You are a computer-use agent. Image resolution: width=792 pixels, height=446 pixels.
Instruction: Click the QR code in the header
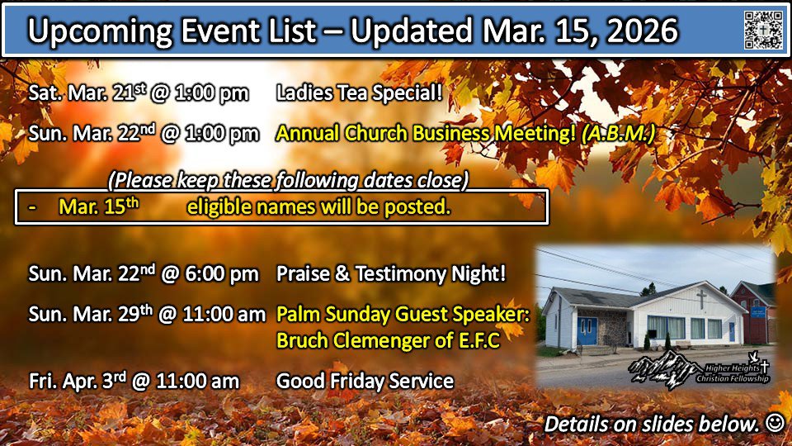pos(763,30)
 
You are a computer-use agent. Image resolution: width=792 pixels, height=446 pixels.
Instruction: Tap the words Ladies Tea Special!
pos(359,93)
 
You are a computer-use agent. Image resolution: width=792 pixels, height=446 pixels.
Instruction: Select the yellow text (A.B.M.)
pos(619,134)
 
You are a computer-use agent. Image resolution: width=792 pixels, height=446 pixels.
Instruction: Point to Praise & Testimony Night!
pos(390,273)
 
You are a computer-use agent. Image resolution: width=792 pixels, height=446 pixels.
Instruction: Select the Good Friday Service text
pos(365,381)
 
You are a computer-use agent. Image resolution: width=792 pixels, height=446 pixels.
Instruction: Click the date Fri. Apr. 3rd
pos(78,381)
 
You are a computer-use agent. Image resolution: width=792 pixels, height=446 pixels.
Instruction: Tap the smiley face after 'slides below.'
pos(775,422)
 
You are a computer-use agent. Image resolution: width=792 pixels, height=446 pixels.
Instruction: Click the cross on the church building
pos(701,299)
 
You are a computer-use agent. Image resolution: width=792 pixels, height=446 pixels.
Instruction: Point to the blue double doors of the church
pos(587,330)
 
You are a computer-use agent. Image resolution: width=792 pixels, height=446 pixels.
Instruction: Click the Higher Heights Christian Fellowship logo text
pos(733,373)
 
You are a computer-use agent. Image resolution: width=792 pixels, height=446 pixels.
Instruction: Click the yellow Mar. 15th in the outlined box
pos(98,206)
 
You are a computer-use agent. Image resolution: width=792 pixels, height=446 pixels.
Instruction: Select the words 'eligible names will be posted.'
pos(318,206)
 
